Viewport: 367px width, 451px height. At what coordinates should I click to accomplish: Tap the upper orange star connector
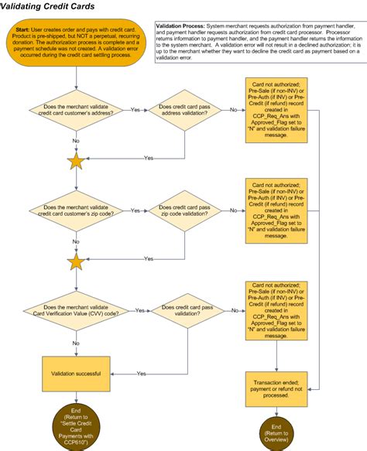[76, 162]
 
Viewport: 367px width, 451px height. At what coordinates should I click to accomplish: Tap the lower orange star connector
[76, 262]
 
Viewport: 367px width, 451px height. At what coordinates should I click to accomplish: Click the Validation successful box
[76, 374]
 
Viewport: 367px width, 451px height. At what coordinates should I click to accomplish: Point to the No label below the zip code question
[76, 242]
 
